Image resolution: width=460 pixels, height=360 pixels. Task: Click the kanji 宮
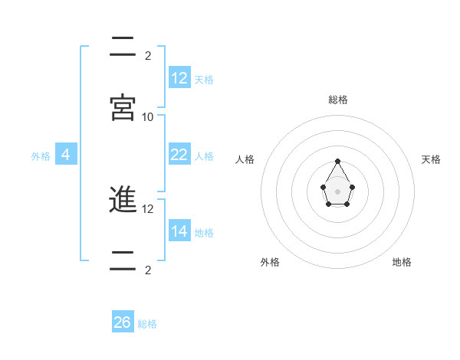pyautogui.click(x=123, y=108)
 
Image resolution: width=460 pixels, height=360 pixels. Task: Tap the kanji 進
pyautogui.click(x=123, y=200)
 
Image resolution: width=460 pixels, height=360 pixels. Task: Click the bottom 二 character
pyautogui.click(x=123, y=260)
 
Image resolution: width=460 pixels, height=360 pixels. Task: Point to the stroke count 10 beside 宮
pyautogui.click(x=148, y=116)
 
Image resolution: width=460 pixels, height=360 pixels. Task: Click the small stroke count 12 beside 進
pyautogui.click(x=148, y=208)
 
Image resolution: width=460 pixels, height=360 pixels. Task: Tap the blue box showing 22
pyautogui.click(x=179, y=154)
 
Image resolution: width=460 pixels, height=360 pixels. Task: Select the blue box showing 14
pyautogui.click(x=179, y=231)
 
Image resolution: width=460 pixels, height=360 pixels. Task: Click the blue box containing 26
pyautogui.click(x=123, y=322)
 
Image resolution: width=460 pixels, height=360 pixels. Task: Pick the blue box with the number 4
pyautogui.click(x=66, y=154)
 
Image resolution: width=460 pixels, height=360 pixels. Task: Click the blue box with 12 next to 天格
pyautogui.click(x=179, y=77)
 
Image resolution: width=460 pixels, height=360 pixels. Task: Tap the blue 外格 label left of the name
pyautogui.click(x=41, y=156)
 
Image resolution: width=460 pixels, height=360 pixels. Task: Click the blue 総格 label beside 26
pyautogui.click(x=147, y=324)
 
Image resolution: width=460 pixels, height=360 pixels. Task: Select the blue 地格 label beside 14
pyautogui.click(x=204, y=232)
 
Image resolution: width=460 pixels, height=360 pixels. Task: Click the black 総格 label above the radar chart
pyautogui.click(x=338, y=100)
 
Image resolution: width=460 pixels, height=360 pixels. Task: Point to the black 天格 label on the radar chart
pyautogui.click(x=431, y=159)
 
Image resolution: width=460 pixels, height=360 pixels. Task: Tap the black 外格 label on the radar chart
pyautogui.click(x=270, y=262)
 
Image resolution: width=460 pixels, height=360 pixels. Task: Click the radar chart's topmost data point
pyautogui.click(x=338, y=161)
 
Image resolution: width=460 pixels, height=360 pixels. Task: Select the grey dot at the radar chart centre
pyautogui.click(x=338, y=191)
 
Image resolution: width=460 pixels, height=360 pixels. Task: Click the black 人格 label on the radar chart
pyautogui.click(x=245, y=159)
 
